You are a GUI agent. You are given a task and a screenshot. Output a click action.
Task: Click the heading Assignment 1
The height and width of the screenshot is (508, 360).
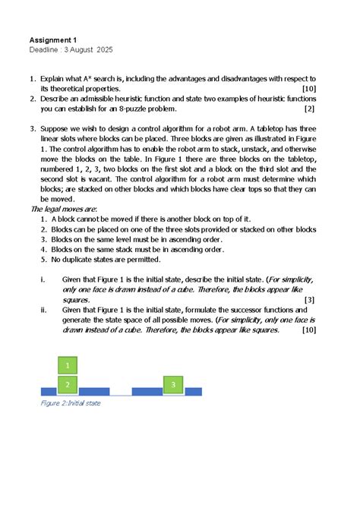tap(53, 39)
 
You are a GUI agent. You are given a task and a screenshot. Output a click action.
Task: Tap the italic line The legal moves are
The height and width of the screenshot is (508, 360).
tap(63, 209)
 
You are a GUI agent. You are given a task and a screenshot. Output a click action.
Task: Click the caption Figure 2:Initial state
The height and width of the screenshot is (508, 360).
tap(70, 403)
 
